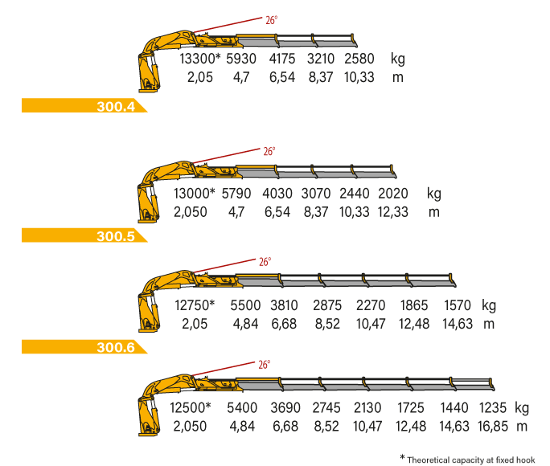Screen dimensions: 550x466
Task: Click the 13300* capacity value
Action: tap(200, 59)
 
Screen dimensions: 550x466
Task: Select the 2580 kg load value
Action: tap(359, 59)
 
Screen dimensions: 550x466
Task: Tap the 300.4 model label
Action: tap(116, 106)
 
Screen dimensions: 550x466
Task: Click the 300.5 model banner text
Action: tap(116, 236)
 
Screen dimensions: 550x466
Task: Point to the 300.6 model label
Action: tap(116, 347)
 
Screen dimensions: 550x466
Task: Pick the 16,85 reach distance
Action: tap(493, 427)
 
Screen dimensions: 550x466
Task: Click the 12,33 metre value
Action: tap(393, 212)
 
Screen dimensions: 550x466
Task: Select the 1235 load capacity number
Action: tap(493, 408)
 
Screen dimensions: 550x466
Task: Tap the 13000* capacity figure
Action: tap(195, 194)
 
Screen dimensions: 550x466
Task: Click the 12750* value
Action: tap(195, 305)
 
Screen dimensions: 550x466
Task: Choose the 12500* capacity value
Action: tap(191, 408)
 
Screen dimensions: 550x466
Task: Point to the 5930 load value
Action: tap(241, 59)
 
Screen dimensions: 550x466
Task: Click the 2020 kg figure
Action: tap(393, 194)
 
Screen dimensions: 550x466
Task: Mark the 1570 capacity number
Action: tap(458, 305)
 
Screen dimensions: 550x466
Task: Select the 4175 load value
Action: tap(282, 59)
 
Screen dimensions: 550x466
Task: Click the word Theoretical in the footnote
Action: tap(428, 460)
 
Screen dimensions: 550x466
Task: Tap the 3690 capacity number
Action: tap(285, 408)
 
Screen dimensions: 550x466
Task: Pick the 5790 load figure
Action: tap(236, 194)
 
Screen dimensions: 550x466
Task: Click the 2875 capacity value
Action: tap(327, 305)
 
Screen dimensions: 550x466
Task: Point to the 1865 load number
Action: tap(414, 305)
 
